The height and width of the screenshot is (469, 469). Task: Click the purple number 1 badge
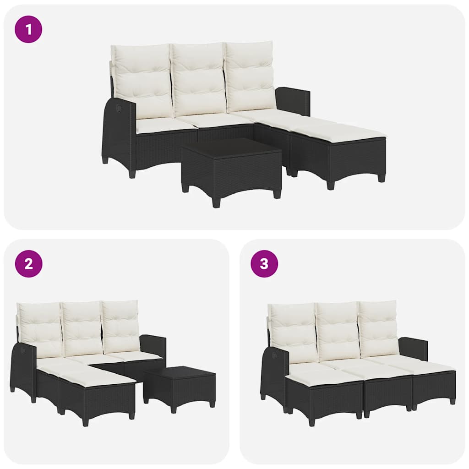(x=28, y=29)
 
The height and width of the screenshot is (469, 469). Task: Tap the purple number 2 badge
(x=28, y=264)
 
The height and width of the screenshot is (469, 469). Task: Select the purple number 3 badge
(x=264, y=264)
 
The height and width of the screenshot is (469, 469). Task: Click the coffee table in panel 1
(x=231, y=169)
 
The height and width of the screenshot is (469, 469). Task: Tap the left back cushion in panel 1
(x=143, y=81)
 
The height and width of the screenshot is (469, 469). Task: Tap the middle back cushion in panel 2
(x=82, y=328)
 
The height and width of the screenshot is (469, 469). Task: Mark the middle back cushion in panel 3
(x=338, y=331)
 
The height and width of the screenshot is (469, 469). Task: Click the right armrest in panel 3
(x=413, y=348)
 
